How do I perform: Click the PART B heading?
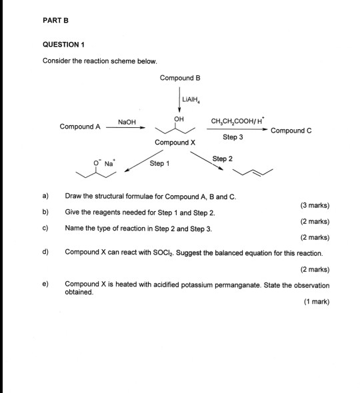point(57,20)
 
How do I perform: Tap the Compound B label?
point(180,78)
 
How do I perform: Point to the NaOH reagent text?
point(127,122)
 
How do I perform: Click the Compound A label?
point(80,127)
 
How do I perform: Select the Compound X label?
point(175,143)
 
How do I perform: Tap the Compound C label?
point(291,131)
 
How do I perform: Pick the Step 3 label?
point(233,137)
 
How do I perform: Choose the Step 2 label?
point(222,159)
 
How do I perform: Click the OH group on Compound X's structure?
point(177,119)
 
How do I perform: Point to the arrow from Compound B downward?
point(180,99)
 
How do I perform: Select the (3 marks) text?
point(315,205)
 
